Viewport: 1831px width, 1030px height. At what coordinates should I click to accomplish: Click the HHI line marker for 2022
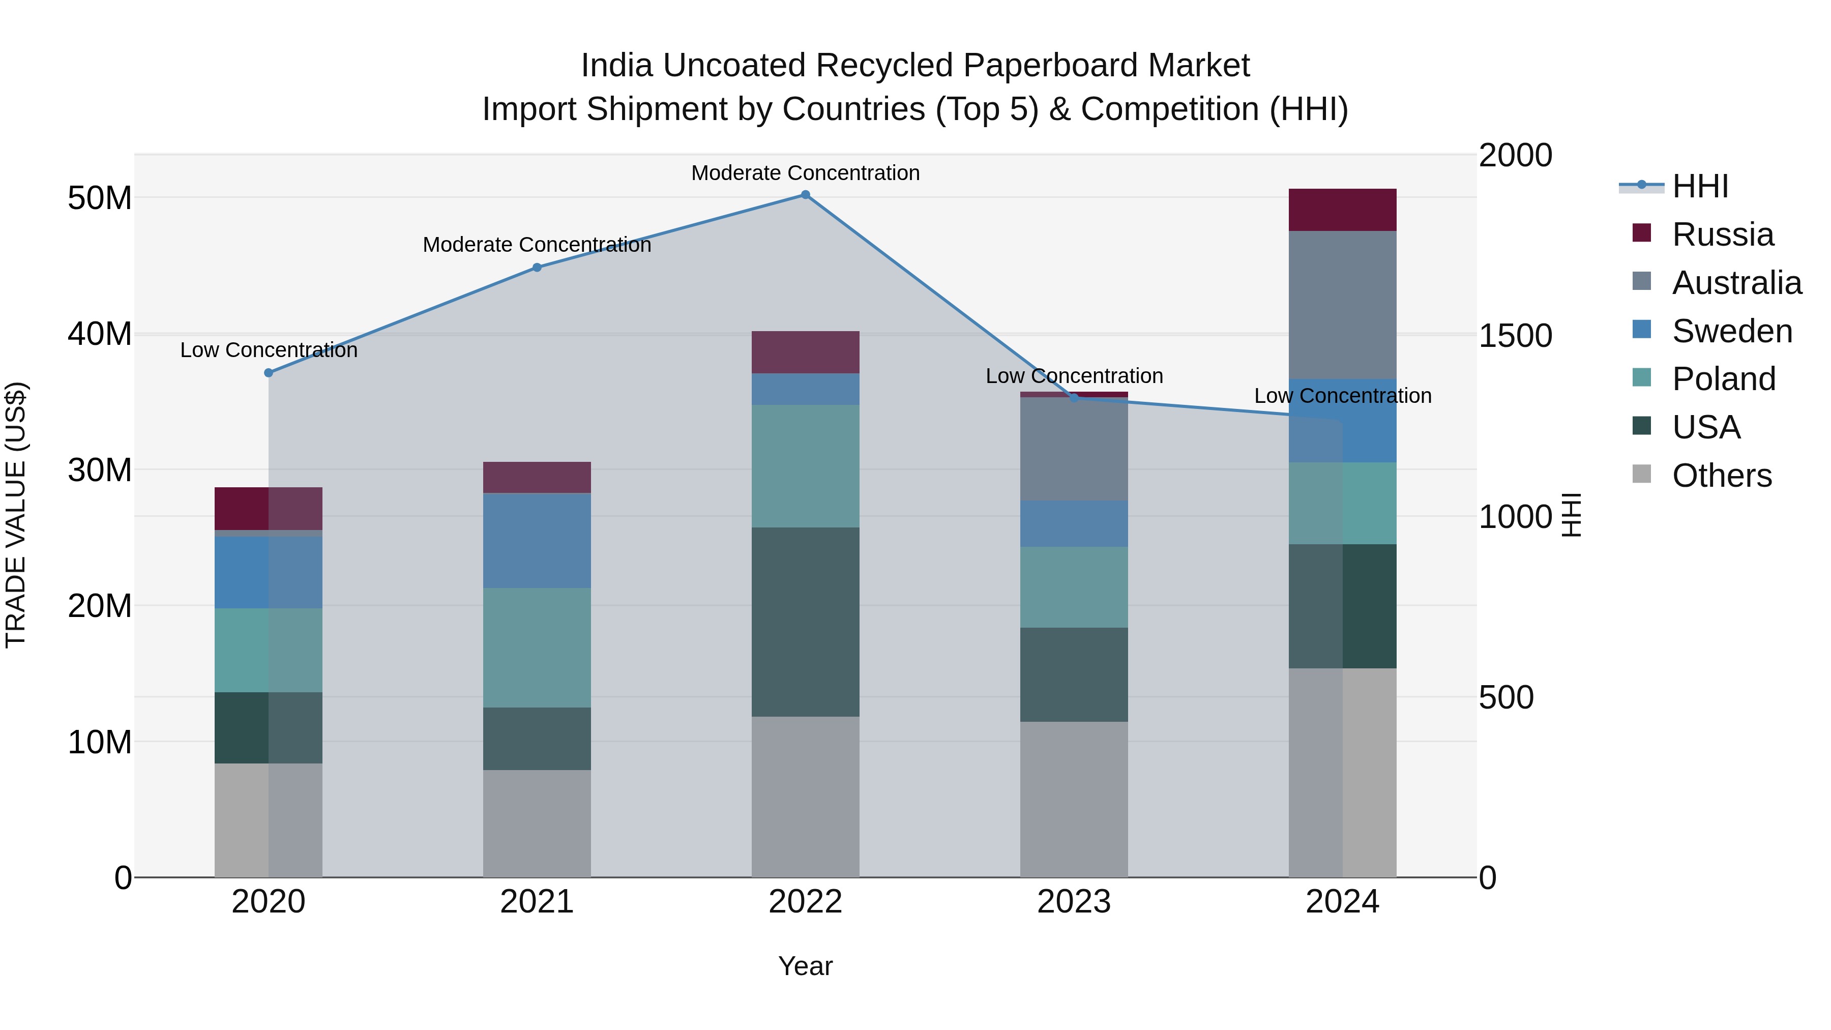click(805, 195)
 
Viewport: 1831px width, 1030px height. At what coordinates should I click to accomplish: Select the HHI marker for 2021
click(538, 268)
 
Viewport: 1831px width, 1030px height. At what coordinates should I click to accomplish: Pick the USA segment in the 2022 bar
click(805, 622)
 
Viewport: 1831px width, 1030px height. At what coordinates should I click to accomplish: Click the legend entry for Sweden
click(1731, 331)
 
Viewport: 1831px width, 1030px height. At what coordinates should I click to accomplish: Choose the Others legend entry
click(1722, 476)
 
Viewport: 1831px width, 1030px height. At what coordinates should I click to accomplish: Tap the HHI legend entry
click(1699, 186)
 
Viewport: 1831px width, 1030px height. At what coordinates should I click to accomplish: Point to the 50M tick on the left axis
click(100, 198)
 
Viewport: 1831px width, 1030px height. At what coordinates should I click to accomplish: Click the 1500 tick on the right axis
click(1516, 336)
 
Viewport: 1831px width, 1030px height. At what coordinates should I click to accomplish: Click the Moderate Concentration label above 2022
click(805, 173)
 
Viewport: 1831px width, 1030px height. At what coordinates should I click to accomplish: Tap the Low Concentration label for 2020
click(269, 350)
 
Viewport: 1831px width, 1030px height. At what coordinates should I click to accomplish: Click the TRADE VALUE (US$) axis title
click(16, 515)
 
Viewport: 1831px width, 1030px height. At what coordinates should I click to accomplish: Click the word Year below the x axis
click(805, 966)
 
